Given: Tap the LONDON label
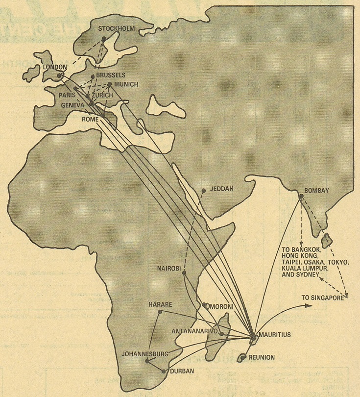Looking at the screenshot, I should click(x=55, y=67).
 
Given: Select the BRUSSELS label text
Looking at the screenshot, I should click(x=111, y=75).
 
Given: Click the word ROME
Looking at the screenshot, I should click(x=91, y=119).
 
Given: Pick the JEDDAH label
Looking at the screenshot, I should click(x=220, y=188).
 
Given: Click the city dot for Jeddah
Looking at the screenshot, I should click(x=204, y=191).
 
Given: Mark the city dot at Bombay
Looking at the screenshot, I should click(x=301, y=197).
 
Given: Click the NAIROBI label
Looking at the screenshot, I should click(x=170, y=269).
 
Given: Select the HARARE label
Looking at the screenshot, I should click(x=160, y=305).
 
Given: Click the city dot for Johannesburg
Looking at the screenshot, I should click(x=147, y=361).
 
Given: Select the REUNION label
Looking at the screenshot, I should click(x=262, y=357).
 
